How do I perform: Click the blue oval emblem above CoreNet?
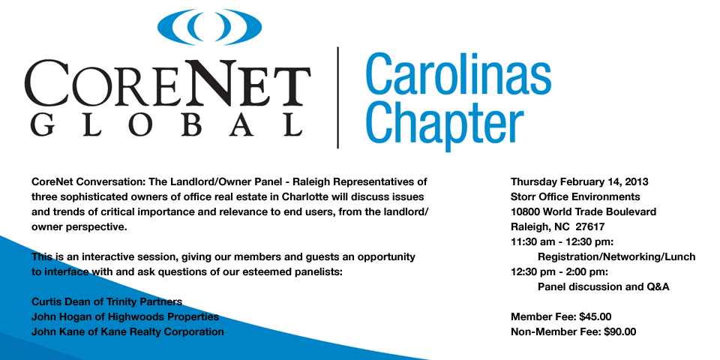click(209, 27)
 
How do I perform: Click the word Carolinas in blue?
click(457, 73)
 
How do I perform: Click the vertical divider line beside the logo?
click(338, 97)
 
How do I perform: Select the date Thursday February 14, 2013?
click(580, 181)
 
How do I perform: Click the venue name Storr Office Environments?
click(575, 197)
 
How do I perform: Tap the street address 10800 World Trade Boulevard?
click(583, 211)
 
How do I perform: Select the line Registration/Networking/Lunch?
click(616, 257)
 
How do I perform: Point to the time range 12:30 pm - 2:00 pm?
click(558, 271)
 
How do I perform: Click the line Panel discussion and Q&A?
click(603, 287)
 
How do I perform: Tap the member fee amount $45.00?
click(595, 316)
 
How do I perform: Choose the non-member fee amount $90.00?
click(620, 331)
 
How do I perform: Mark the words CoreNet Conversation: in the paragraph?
click(87, 181)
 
